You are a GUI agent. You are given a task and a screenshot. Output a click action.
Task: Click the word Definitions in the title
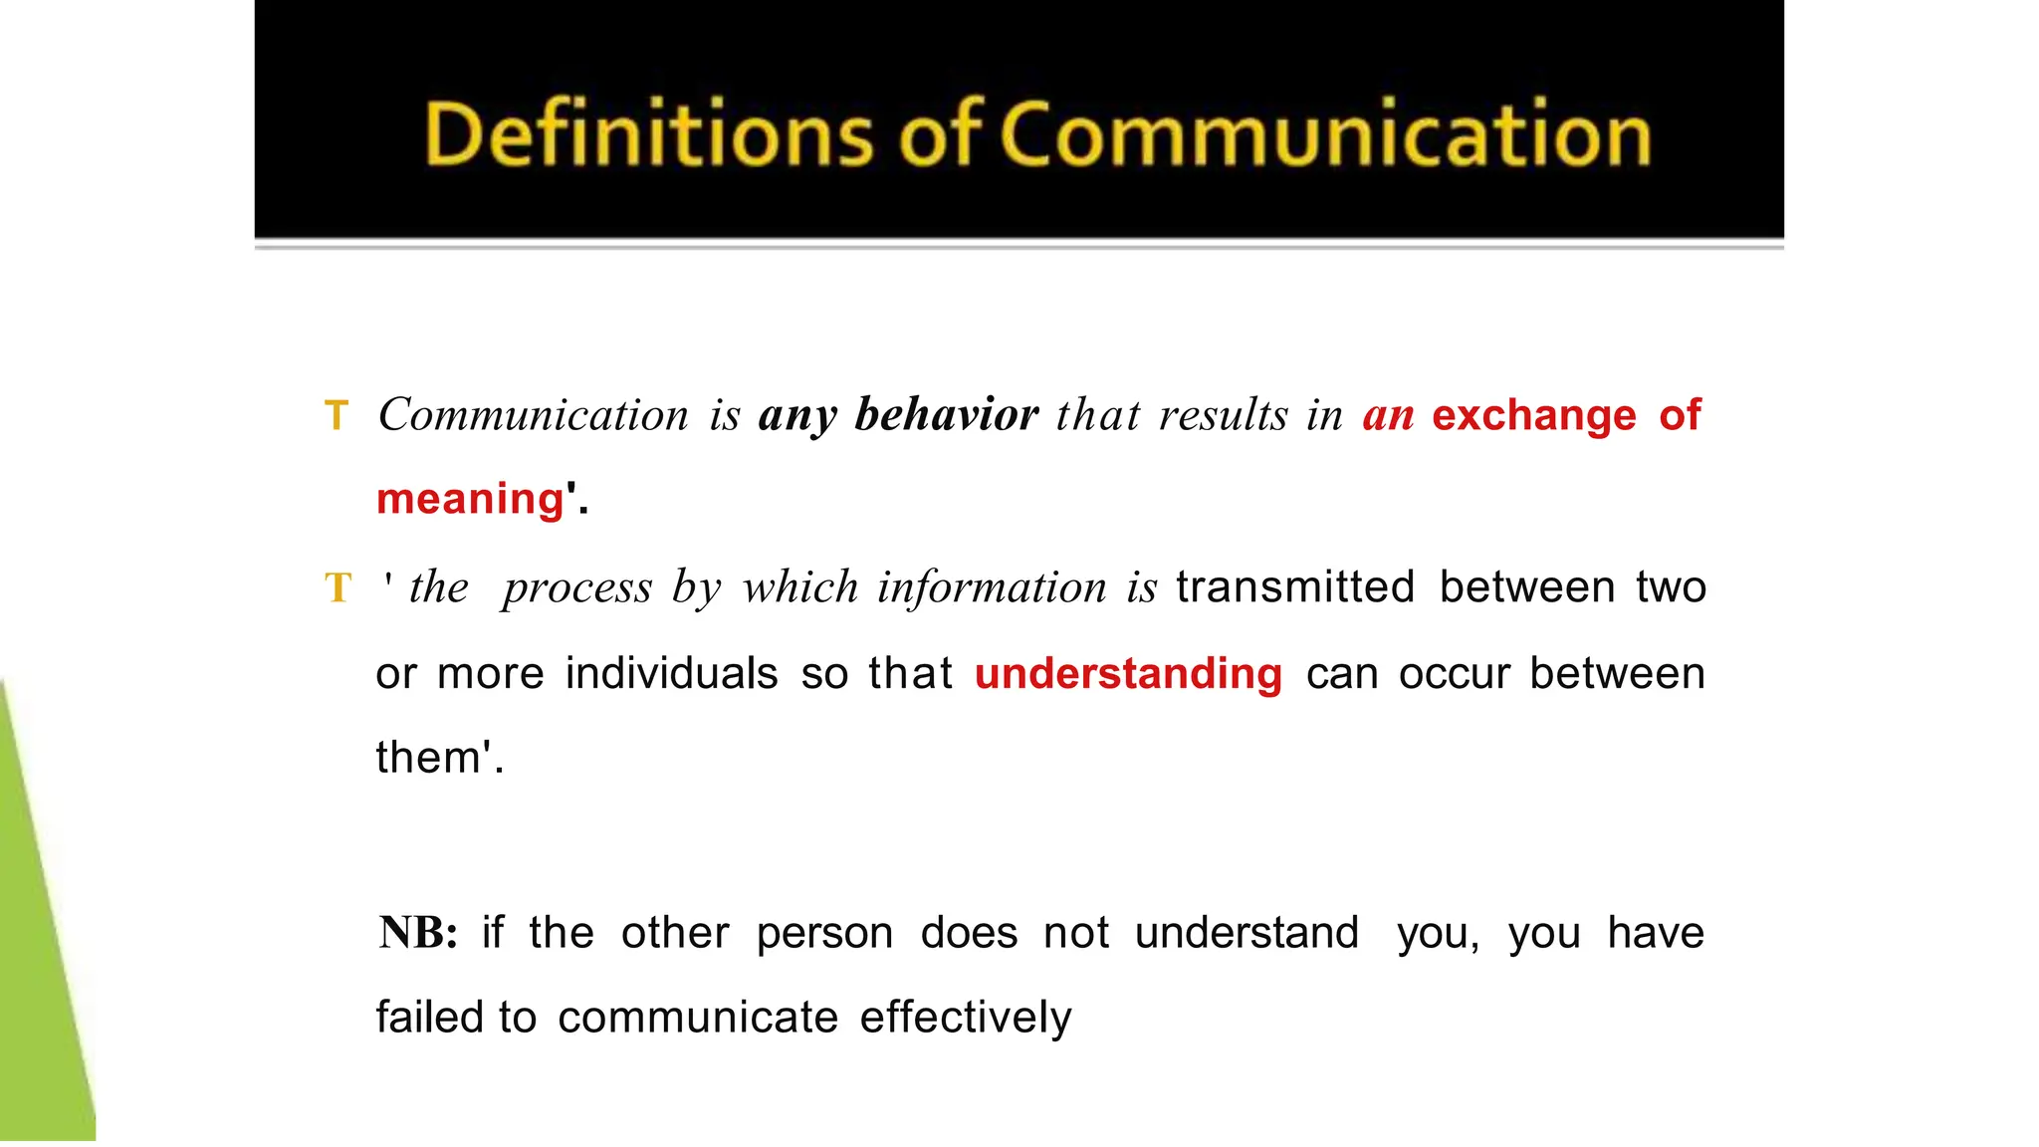(x=648, y=134)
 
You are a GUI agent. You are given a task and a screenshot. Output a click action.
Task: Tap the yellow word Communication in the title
(x=1325, y=134)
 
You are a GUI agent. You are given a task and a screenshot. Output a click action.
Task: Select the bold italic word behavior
(x=946, y=414)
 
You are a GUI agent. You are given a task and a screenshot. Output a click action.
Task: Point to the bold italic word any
(x=796, y=416)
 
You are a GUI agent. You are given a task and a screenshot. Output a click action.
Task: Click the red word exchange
(x=1533, y=414)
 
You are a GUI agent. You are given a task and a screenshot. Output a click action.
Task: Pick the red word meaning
(x=470, y=499)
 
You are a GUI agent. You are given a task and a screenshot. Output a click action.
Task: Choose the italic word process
(x=577, y=588)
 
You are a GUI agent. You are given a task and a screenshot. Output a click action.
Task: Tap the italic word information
(x=992, y=586)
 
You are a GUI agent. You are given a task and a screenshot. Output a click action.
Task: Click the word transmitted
(x=1295, y=586)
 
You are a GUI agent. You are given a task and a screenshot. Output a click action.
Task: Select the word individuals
(x=671, y=673)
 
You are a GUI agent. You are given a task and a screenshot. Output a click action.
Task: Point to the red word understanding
(x=1128, y=674)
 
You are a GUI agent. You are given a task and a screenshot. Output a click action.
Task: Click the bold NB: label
(x=418, y=933)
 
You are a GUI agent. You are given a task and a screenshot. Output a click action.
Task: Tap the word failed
(x=429, y=1017)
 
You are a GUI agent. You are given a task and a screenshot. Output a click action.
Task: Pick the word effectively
(x=966, y=1017)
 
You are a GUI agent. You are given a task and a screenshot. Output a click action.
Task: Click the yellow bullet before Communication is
(x=337, y=416)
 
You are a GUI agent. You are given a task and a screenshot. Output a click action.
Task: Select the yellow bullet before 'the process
(x=338, y=587)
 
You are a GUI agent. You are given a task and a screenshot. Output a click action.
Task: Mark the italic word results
(x=1223, y=414)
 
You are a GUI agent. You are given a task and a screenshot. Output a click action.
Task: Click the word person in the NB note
(x=824, y=934)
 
